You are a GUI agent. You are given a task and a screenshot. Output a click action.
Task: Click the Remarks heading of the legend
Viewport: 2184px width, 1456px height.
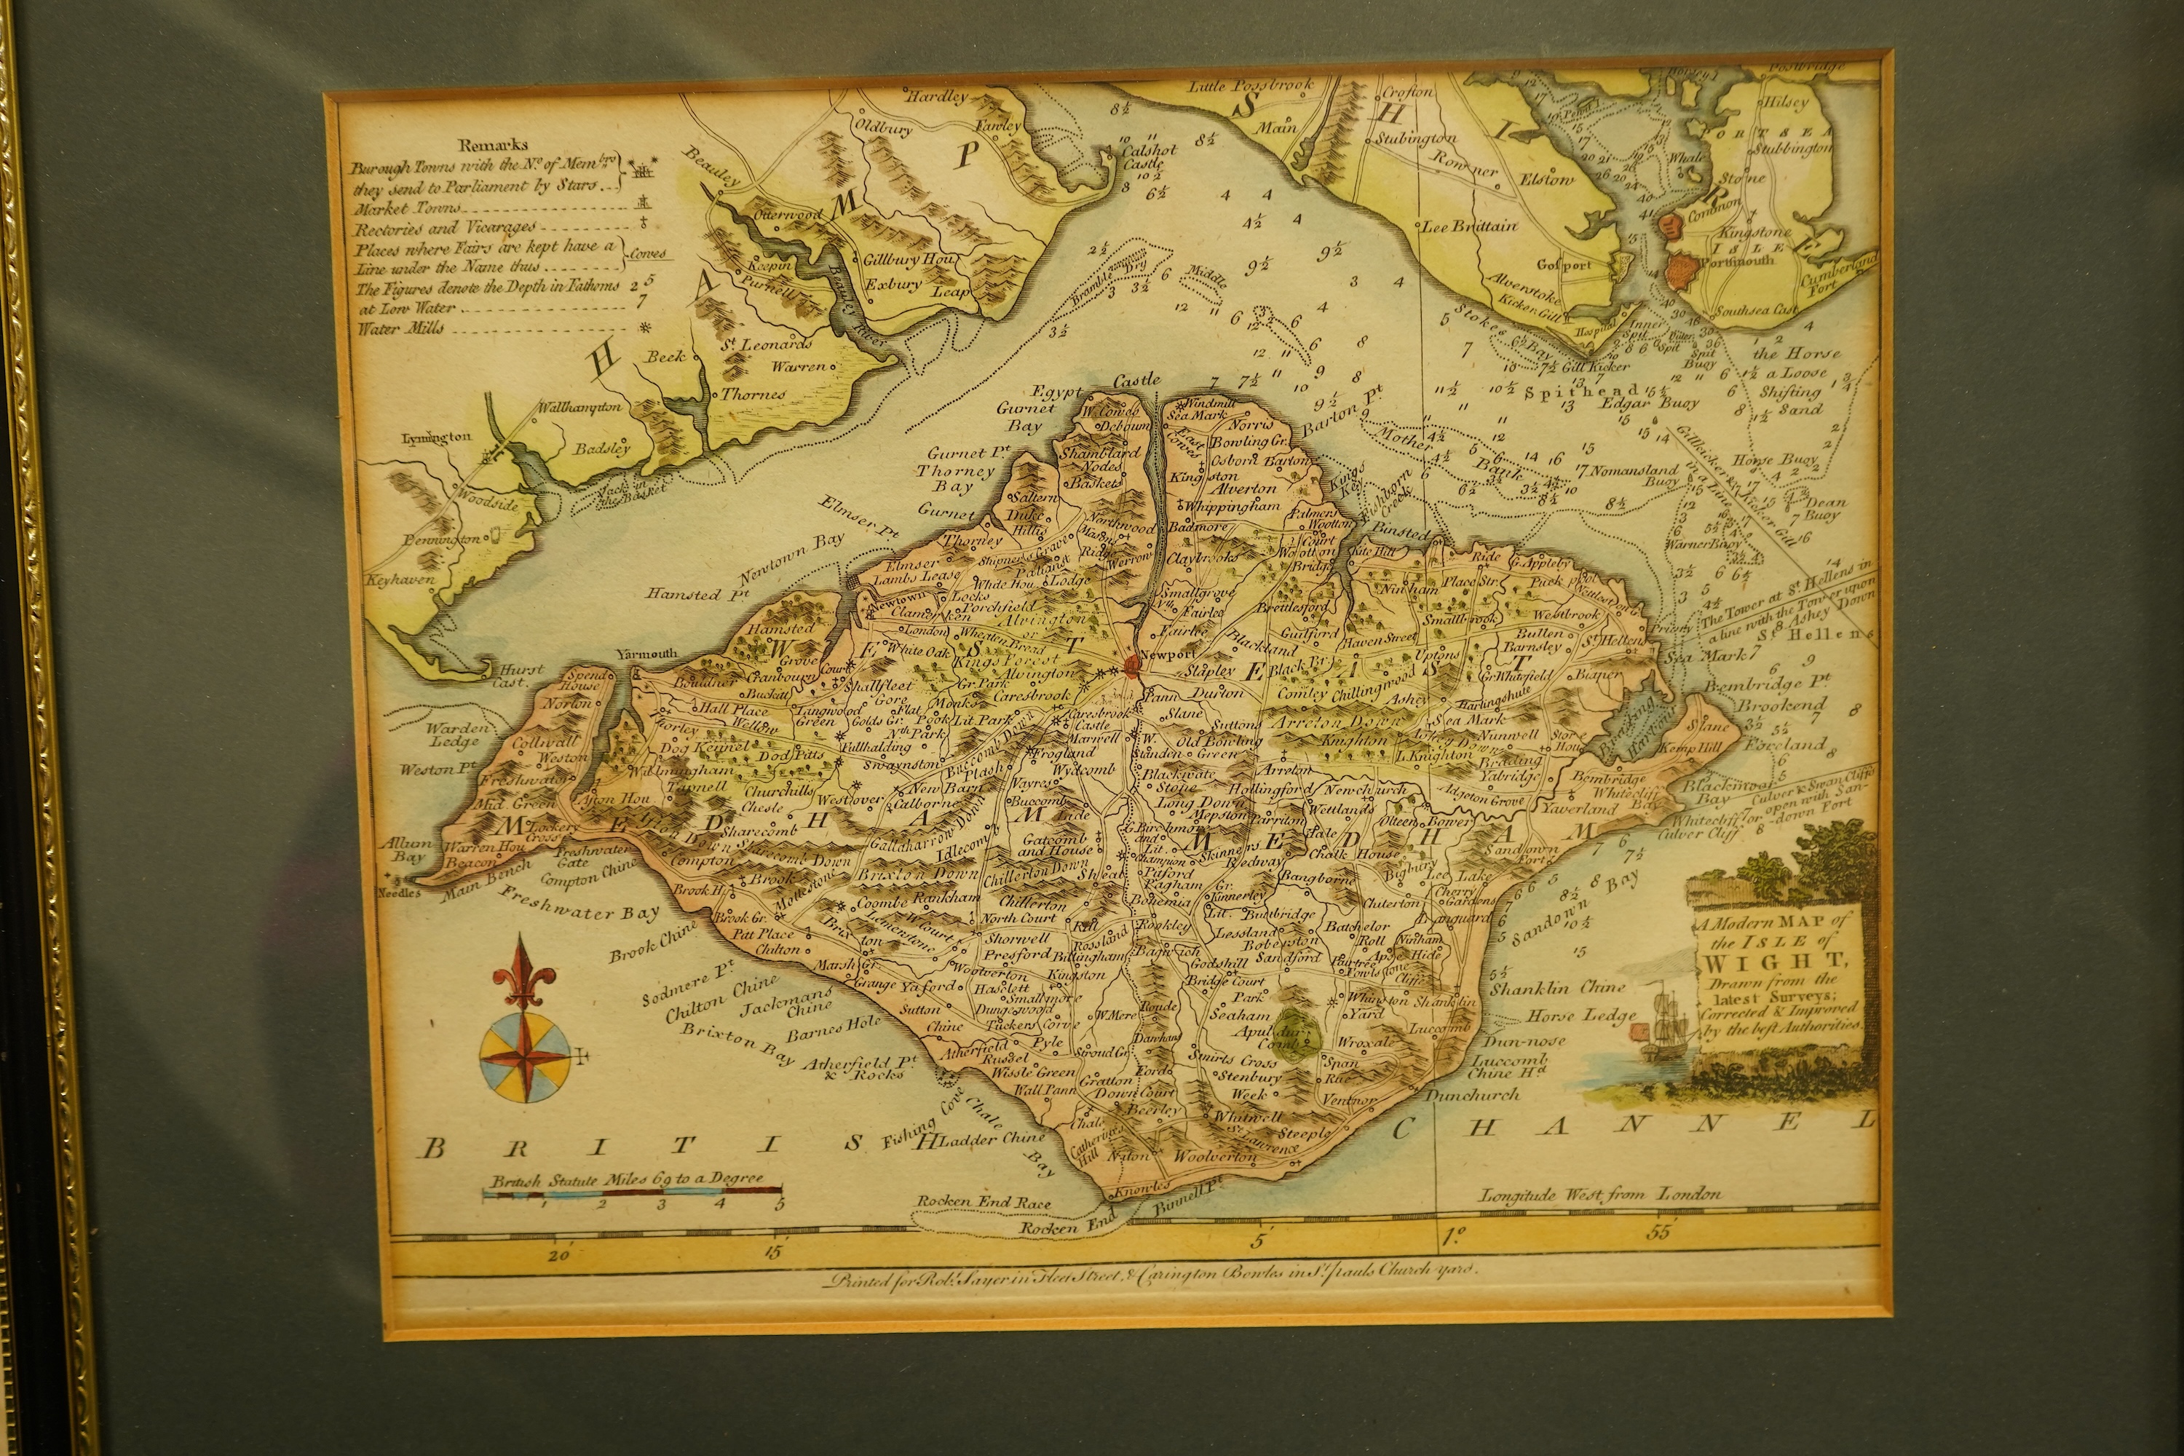coord(493,145)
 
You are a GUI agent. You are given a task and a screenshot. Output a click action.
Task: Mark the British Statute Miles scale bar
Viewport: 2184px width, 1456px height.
coord(631,1190)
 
